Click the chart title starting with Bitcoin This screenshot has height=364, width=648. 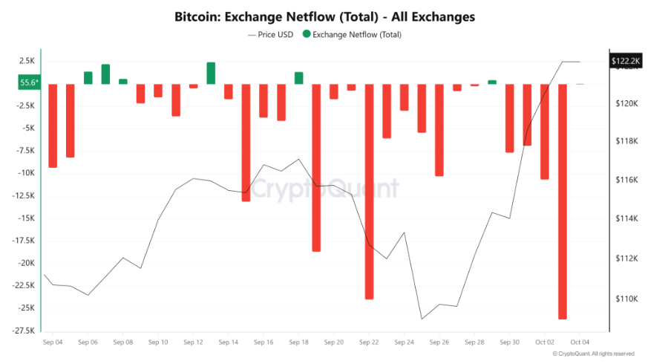324,16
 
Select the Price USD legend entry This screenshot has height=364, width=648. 272,34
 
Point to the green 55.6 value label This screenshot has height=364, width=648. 30,83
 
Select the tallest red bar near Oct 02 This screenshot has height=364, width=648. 563,201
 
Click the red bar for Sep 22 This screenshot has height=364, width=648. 369,191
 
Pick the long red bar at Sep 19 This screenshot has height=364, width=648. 316,167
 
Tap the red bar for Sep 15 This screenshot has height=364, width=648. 246,142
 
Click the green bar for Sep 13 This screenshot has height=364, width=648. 211,73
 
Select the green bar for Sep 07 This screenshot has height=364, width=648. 105,74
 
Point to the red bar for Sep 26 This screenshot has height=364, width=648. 439,129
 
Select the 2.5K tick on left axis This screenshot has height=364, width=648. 27,61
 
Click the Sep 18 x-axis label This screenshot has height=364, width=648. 298,342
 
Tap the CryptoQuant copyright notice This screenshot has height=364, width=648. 594,354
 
